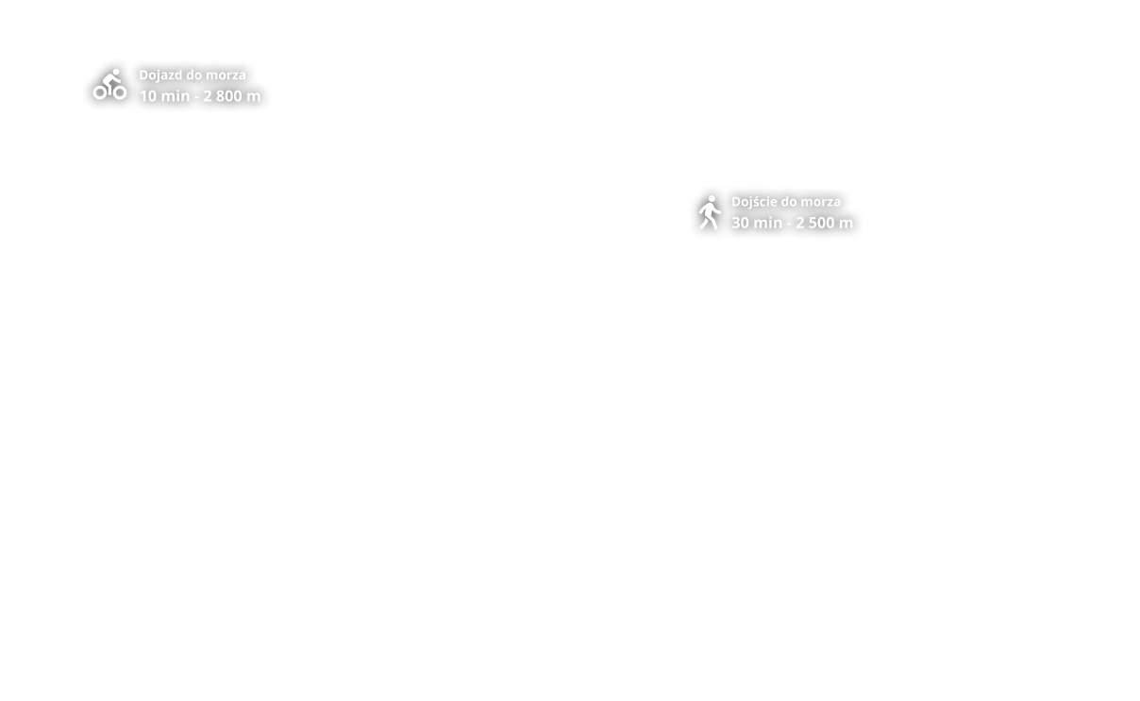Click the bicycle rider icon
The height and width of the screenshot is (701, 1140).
coord(109,85)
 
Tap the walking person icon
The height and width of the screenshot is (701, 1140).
coord(710,212)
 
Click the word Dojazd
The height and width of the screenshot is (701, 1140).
coord(161,75)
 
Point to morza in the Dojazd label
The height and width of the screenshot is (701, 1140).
coord(226,75)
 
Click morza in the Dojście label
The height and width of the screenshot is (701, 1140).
coord(820,202)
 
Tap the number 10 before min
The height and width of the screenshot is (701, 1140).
coord(148,96)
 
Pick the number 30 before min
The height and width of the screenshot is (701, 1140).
coord(741,224)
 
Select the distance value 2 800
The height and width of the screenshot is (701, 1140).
coord(223,96)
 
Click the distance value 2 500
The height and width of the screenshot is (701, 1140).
coord(815,224)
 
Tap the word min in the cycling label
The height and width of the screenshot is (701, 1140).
coord(175,96)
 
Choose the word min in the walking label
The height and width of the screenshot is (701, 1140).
coord(767,224)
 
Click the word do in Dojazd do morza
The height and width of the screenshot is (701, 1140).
coord(194,75)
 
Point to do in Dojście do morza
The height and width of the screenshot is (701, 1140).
coord(789,202)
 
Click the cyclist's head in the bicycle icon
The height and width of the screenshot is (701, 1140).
coord(116,72)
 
